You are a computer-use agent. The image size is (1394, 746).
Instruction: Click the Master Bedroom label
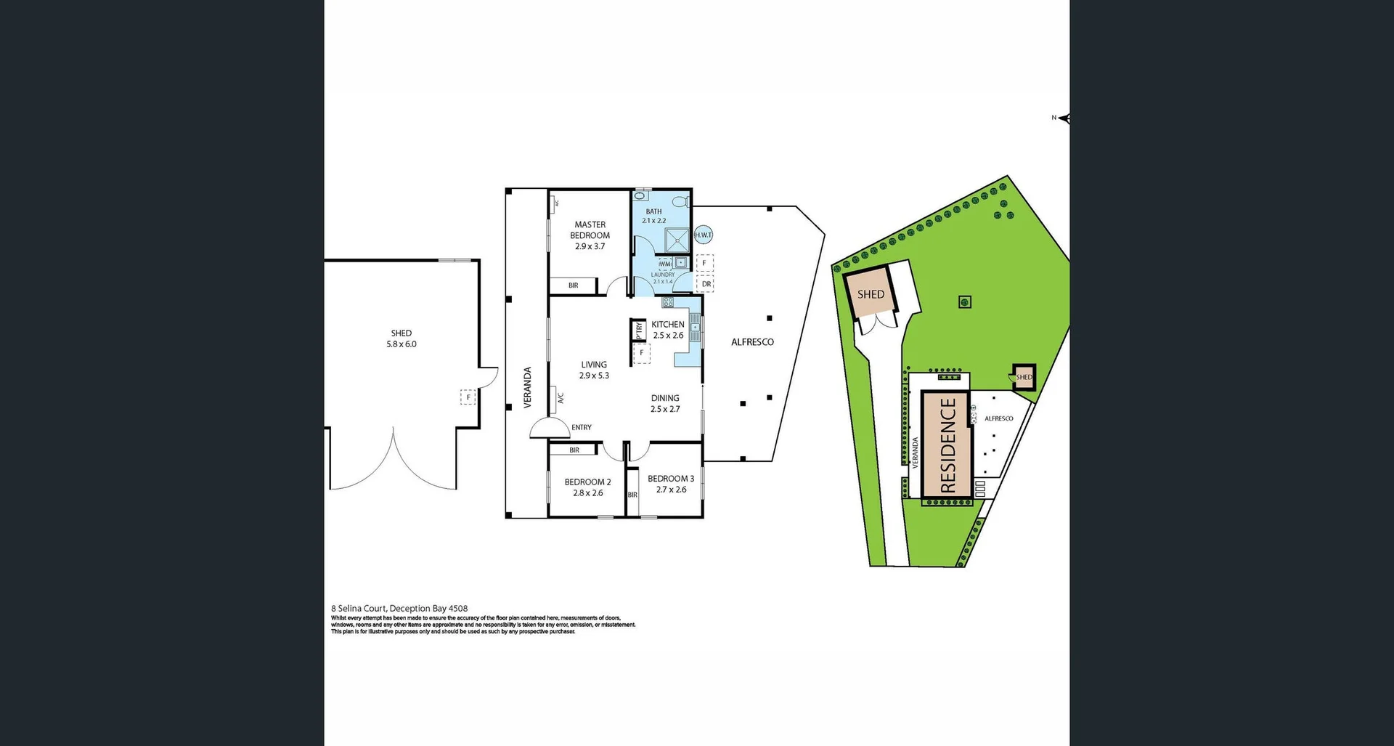590,235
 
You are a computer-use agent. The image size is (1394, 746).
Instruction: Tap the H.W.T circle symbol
703,235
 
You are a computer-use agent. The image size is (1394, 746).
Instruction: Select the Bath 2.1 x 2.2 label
653,216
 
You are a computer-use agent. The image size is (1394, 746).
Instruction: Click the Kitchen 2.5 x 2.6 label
667,330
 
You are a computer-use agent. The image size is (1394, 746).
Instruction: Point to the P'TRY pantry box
638,330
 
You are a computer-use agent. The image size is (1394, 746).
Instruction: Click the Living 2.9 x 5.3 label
593,370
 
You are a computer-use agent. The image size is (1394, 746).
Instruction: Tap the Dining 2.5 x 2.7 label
664,403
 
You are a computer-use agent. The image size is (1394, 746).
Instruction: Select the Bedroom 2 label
587,487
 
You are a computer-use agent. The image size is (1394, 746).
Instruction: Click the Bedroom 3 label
670,484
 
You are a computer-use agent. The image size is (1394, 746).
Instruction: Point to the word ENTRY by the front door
581,427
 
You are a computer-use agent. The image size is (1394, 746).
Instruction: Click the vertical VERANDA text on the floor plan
528,387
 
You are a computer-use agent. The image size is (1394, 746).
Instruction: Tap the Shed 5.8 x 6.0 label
401,338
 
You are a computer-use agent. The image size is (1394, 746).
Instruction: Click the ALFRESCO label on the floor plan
752,341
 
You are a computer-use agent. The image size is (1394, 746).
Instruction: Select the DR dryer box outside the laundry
706,284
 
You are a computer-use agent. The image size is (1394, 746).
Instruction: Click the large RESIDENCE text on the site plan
947,445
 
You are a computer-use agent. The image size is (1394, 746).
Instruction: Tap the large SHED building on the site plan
871,294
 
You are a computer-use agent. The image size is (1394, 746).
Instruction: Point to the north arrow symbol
1064,118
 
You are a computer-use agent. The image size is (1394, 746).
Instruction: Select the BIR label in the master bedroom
573,285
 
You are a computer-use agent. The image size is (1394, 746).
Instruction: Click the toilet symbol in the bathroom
680,202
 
